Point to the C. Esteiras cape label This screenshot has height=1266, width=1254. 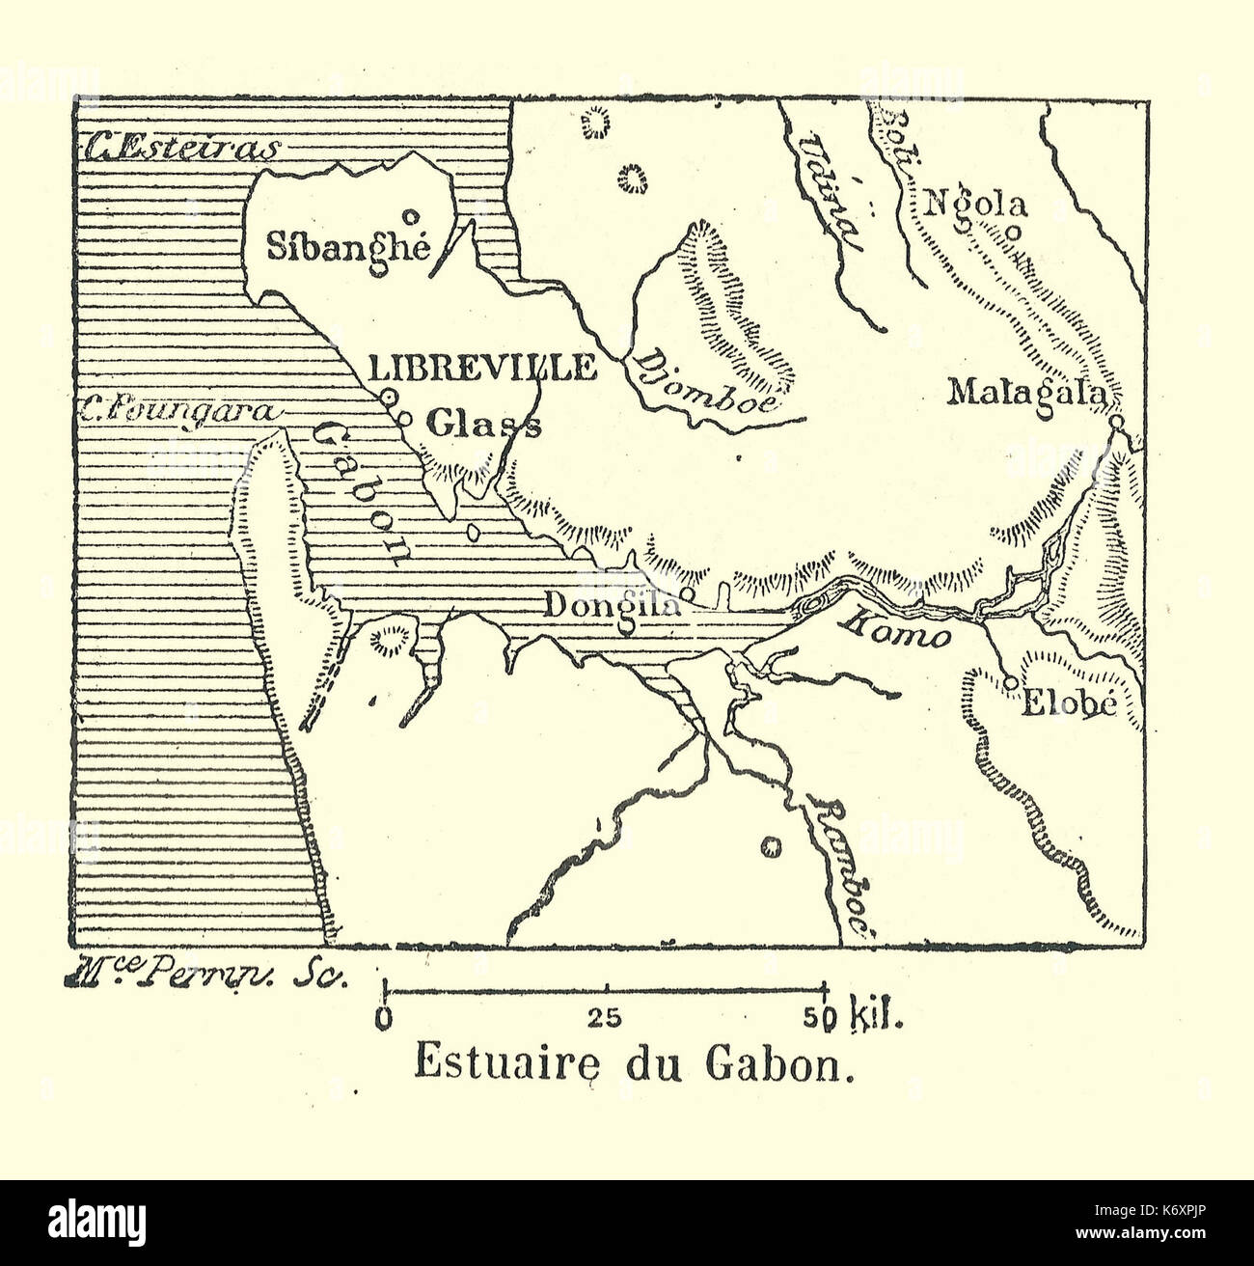(x=181, y=149)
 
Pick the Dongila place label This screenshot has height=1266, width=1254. (x=613, y=605)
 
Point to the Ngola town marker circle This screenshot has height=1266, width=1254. (x=1014, y=232)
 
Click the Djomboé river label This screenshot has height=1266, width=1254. (x=702, y=382)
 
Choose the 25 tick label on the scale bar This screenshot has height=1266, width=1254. (x=607, y=1016)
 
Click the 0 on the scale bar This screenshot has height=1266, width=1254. (x=386, y=1016)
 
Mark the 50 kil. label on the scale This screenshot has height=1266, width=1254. (x=855, y=1016)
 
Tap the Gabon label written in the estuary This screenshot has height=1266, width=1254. (x=362, y=491)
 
